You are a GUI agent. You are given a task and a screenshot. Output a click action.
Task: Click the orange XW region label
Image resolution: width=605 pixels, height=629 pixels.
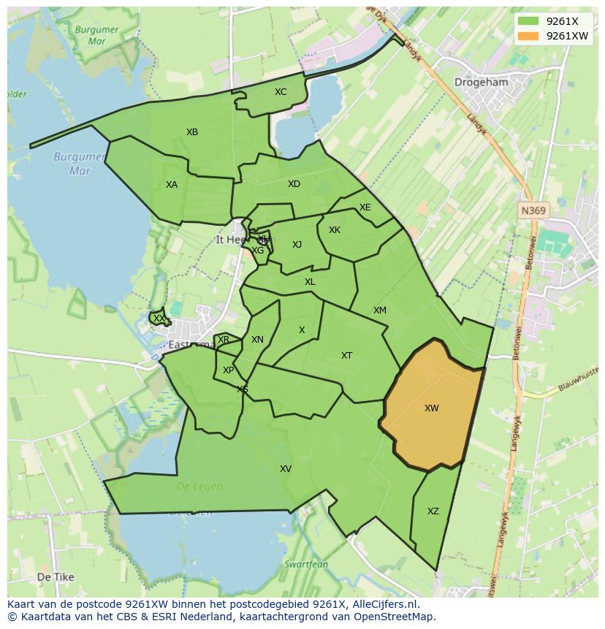pos(432,408)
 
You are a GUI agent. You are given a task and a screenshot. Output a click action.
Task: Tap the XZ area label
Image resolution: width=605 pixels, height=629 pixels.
pos(433,511)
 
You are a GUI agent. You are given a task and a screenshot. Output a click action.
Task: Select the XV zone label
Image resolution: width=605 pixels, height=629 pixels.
pos(286,469)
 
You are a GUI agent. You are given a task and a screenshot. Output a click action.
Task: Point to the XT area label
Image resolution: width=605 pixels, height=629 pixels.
pos(347,356)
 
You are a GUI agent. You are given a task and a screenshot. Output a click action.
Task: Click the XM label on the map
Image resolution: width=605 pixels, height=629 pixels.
pos(380,310)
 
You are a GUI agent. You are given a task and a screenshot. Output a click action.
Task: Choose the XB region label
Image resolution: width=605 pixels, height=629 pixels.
pos(192,132)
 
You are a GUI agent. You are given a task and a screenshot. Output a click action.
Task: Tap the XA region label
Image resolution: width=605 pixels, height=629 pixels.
pos(172,185)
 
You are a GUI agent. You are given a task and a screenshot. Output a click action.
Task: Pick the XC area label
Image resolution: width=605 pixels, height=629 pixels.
pos(281,92)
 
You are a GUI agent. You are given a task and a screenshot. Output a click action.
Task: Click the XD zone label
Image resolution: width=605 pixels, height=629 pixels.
pos(294,184)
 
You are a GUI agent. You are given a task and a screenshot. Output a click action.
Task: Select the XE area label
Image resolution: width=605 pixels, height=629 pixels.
pos(365,207)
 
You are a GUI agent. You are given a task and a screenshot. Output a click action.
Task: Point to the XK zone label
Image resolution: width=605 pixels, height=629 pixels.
pos(335,230)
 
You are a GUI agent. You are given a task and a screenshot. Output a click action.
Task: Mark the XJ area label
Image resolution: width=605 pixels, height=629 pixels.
pos(297,245)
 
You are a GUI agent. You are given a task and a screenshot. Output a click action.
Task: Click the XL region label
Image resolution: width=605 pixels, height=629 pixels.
pos(310,282)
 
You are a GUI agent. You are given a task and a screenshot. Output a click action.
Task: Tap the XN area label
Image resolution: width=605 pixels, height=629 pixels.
pos(257,340)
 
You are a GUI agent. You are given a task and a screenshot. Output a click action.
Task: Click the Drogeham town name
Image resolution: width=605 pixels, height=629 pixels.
pos(481,83)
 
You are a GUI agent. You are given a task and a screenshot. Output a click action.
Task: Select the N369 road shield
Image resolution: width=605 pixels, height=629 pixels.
pos(533,210)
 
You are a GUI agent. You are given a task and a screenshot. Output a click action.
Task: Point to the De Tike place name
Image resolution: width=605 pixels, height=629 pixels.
pos(56,577)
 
